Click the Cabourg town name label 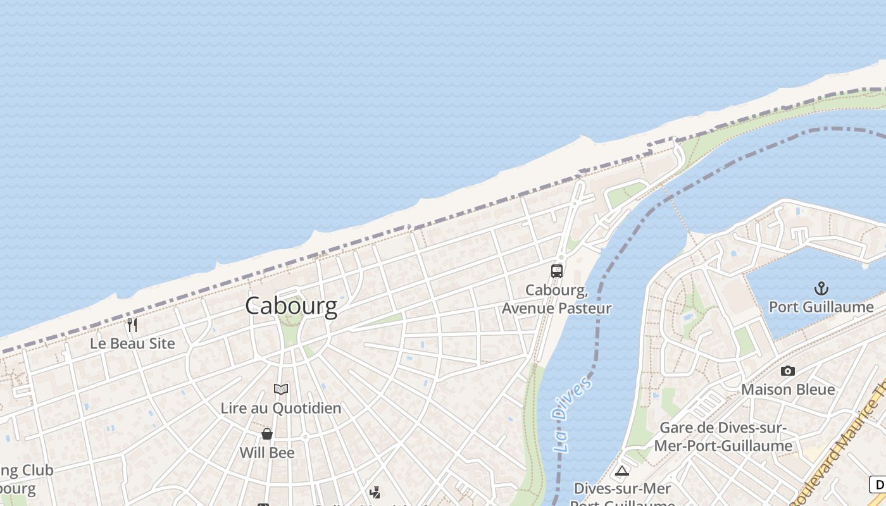click(x=291, y=306)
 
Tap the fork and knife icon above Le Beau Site click(x=132, y=325)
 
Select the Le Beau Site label click(x=132, y=343)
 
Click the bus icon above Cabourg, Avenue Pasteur click(x=557, y=271)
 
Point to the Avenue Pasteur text click(x=557, y=308)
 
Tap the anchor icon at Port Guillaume click(x=821, y=289)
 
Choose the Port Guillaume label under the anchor click(x=821, y=307)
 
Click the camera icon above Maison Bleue click(x=788, y=371)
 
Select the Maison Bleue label click(x=788, y=389)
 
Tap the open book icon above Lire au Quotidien click(x=281, y=389)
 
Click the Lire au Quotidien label click(x=281, y=408)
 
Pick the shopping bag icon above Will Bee click(x=267, y=434)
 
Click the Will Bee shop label click(x=267, y=453)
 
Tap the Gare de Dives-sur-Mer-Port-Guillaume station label click(x=723, y=436)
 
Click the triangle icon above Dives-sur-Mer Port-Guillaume click(x=622, y=471)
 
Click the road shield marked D click(x=878, y=485)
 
